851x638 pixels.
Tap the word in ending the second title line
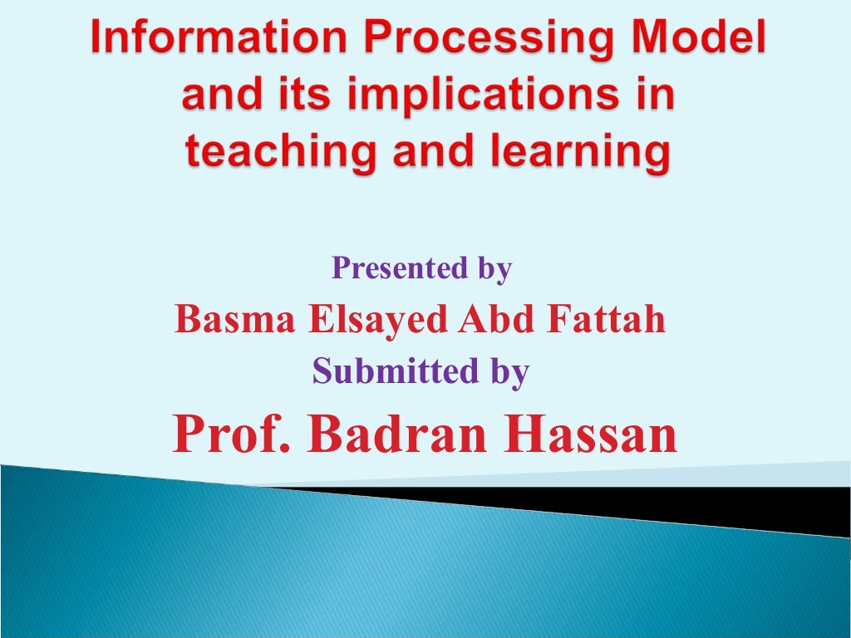(651, 98)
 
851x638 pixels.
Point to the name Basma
(235, 319)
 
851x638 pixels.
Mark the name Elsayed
(378, 321)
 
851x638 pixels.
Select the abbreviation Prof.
(232, 433)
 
